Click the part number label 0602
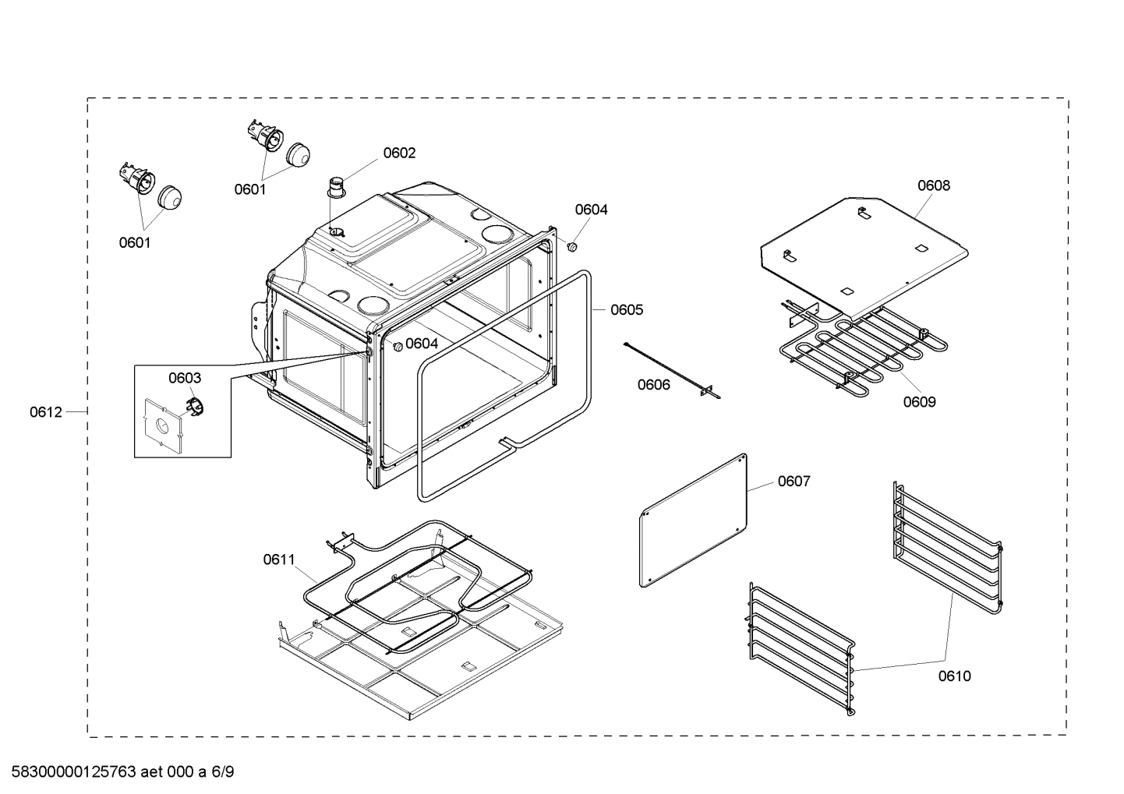[399, 154]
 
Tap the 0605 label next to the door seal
[627, 310]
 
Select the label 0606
[653, 385]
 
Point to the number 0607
[794, 482]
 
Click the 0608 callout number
[933, 185]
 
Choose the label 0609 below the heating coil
[920, 402]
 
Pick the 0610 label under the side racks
[954, 676]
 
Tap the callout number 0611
[279, 559]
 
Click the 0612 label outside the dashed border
[46, 412]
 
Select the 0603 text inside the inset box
[185, 378]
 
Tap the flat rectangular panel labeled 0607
[693, 520]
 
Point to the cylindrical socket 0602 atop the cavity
[336, 189]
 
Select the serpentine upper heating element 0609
[865, 347]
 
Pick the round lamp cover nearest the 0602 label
[298, 154]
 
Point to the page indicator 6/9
[222, 773]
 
